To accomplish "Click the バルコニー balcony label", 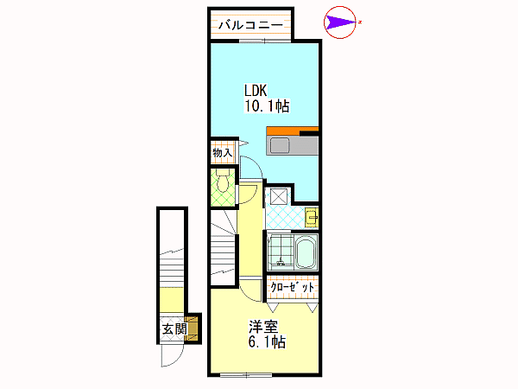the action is pos(250,25).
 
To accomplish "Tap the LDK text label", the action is pos(256,90).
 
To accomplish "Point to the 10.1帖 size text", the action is pos(267,106).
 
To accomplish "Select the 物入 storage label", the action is pos(223,153).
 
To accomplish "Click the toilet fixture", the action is pos(223,181).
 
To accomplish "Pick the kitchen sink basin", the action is pos(280,145).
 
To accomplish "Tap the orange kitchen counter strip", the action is pos(293,131).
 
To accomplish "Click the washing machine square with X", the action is pos(279,196).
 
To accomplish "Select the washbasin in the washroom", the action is pos(311,217).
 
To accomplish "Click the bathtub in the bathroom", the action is pos(306,253).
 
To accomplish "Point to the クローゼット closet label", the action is pos(292,287).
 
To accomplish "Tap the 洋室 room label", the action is pos(263,327).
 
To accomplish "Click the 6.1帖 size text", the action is pos(267,342).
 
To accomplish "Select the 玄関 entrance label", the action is pos(174,328).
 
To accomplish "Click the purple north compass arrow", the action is pos(341,22).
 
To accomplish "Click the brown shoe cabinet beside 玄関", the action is pos(192,328).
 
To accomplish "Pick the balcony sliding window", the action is pos(265,41).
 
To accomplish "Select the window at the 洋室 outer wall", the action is pos(246,375).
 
